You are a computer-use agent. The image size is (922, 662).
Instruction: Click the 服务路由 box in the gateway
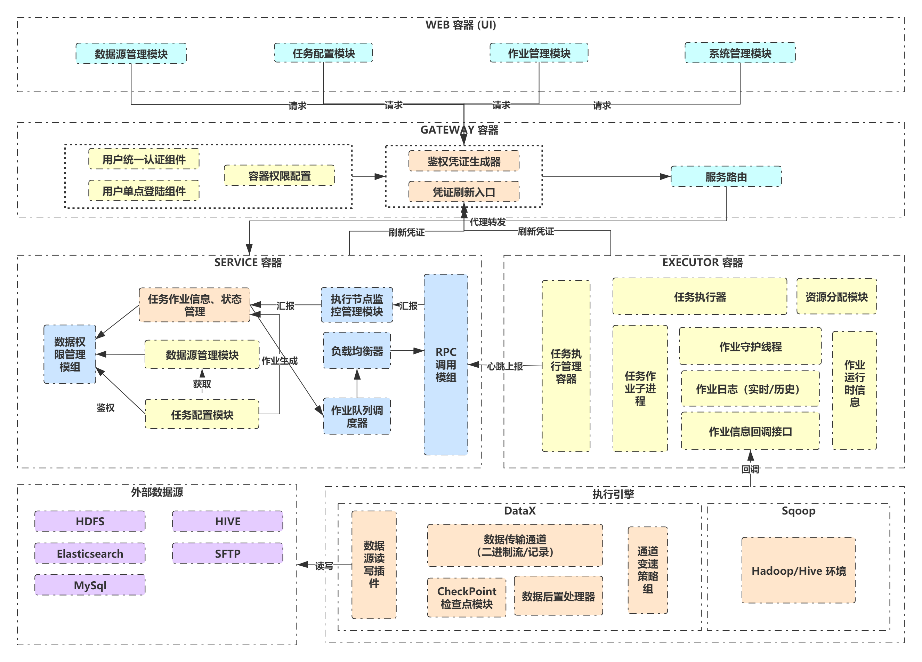pos(726,177)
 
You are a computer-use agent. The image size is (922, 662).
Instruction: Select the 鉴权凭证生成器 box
pos(464,161)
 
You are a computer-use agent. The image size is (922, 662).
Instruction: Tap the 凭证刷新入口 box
pos(464,192)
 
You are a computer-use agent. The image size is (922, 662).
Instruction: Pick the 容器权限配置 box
pos(279,176)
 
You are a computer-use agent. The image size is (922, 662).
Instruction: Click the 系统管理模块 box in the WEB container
pos(740,53)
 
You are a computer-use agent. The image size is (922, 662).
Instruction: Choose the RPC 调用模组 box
pos(446,365)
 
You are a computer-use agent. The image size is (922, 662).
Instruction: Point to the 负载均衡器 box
pos(357,351)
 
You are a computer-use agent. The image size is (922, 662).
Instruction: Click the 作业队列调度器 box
pos(357,416)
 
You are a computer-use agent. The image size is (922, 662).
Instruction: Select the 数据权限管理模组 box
pos(70,354)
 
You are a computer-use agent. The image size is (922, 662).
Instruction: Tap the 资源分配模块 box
pos(836,297)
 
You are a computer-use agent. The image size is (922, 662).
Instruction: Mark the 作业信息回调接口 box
pos(751,431)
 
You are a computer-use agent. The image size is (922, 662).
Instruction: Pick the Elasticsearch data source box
pos(90,553)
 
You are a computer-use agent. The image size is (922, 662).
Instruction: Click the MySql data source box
pos(90,585)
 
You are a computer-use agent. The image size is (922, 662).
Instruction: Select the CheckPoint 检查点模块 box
pos(467,597)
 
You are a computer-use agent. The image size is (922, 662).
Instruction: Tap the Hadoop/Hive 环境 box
pos(799,571)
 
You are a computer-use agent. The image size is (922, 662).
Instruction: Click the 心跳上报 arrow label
pos(505,366)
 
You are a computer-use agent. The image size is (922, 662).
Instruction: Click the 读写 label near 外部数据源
pos(324,566)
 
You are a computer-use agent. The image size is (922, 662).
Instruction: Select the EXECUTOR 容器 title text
pos(703,262)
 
